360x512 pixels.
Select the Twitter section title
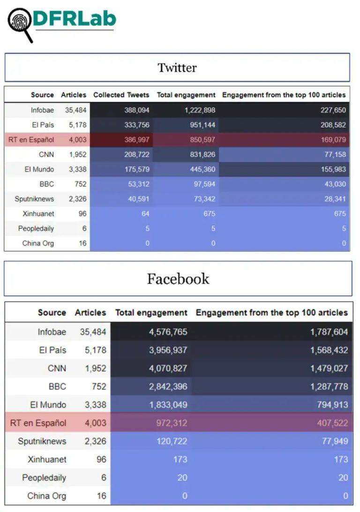click(x=177, y=68)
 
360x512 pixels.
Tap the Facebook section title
click(x=178, y=279)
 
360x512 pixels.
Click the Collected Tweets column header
click(x=121, y=95)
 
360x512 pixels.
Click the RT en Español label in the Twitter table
click(x=31, y=140)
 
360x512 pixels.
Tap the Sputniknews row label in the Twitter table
click(x=34, y=199)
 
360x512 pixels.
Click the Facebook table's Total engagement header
click(x=151, y=312)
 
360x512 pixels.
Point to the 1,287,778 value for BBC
click(x=329, y=387)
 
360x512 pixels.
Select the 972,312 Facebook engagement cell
click(x=171, y=423)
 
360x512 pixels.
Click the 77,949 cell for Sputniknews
click(x=335, y=441)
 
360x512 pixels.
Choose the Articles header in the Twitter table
click(x=74, y=95)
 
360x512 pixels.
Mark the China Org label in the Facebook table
click(x=46, y=496)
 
